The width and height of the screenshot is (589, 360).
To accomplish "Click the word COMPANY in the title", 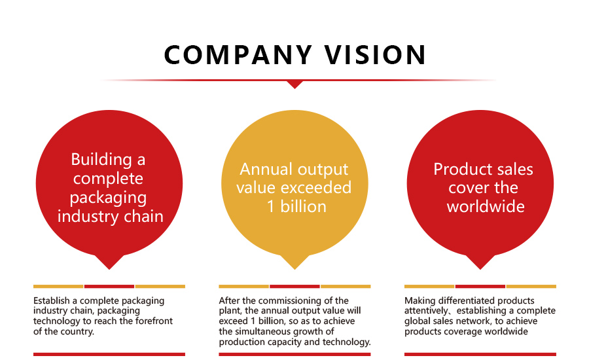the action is (238, 55).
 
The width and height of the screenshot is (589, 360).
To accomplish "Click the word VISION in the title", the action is (375, 55).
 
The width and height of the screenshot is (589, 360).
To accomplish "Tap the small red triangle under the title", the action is (295, 84).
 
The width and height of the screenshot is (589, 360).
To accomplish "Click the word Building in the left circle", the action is (101, 159).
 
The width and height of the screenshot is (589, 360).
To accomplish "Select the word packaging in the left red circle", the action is (108, 198).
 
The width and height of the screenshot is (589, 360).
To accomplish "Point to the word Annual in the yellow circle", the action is (266, 169).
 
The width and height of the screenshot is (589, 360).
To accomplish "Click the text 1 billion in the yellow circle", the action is (296, 207).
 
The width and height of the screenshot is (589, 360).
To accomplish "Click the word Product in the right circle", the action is (458, 170).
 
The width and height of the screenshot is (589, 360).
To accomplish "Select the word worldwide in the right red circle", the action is (486, 207).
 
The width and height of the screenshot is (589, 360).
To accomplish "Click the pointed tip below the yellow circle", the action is (295, 269).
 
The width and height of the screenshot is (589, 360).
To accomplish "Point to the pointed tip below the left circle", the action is (109, 269).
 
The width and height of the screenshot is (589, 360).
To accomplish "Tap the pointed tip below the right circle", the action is (480, 269).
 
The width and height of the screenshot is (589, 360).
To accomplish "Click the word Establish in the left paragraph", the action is (52, 300).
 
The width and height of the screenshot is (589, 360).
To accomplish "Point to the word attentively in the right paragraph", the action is (426, 311).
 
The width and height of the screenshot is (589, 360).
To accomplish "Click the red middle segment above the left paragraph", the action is (109, 286).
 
